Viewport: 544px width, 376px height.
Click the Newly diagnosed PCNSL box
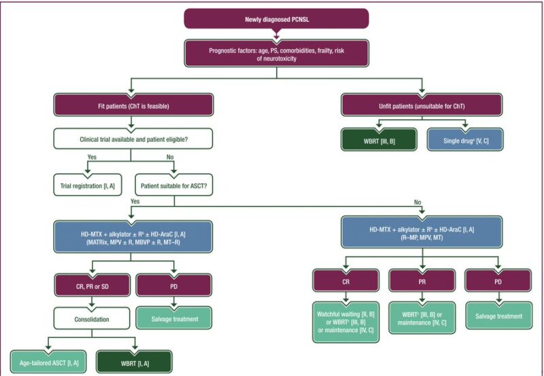276,19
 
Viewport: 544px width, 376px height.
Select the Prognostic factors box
277,54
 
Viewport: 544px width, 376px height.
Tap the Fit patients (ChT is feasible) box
133,105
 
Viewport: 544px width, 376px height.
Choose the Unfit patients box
422,105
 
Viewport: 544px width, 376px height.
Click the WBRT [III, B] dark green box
379,140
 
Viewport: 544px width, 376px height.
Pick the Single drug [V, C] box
465,140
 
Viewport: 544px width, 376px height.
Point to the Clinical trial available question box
133,139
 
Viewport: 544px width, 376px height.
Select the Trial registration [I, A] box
88,185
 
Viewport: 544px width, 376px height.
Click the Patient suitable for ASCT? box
174,185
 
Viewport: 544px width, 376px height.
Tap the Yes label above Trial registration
92,157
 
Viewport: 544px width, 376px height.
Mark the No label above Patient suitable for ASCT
170,157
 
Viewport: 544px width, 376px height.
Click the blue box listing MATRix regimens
133,237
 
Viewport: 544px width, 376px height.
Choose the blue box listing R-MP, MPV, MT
422,233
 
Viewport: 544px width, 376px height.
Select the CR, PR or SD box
92,286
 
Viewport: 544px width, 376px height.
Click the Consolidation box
92,318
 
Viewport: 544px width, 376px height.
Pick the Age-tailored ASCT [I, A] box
48,362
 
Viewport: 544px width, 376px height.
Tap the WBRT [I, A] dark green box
134,362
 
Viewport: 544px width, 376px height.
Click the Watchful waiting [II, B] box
346,322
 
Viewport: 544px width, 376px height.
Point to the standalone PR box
422,281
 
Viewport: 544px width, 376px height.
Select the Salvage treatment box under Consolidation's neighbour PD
174,318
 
